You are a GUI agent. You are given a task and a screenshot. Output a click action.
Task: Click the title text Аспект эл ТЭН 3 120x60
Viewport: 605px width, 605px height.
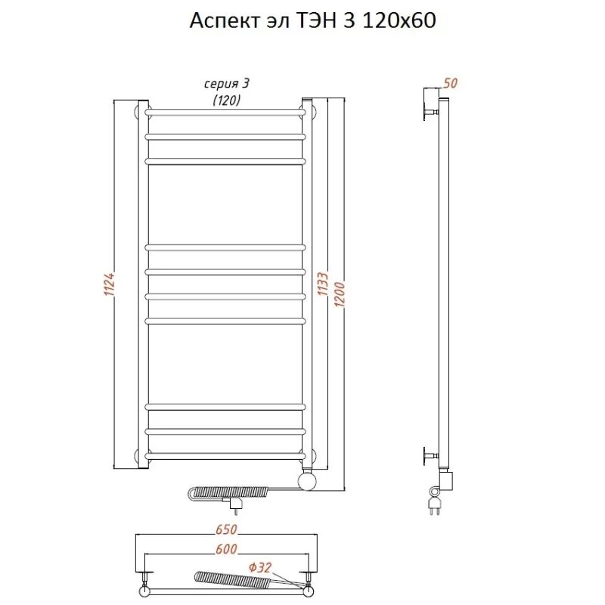pos(312,20)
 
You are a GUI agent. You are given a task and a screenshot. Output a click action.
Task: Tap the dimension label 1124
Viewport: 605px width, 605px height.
pos(108,284)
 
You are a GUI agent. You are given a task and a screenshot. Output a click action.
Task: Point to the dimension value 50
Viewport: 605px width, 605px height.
pos(450,83)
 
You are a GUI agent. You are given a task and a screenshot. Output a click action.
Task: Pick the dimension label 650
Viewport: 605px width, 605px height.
pos(227,529)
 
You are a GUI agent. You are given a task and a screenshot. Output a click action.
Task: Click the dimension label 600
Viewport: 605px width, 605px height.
pos(227,548)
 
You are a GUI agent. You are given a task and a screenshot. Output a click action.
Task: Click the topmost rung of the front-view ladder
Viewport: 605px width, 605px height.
pos(225,111)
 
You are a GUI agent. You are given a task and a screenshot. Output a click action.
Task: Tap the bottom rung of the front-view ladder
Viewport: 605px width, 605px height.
pos(225,455)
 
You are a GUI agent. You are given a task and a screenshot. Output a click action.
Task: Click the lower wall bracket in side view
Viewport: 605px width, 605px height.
pos(432,455)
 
